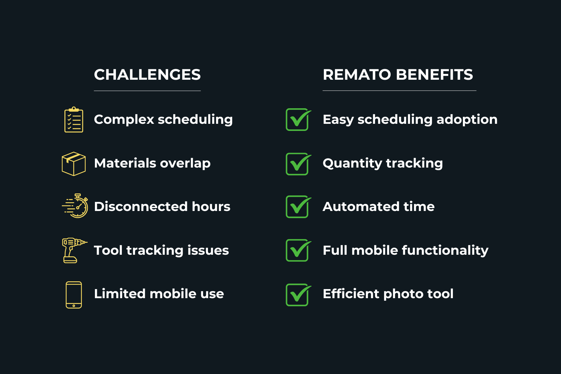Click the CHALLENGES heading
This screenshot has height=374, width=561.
[147, 75]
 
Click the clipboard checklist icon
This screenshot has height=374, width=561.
[74, 120]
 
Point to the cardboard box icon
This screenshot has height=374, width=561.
[74, 164]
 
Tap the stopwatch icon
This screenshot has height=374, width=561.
[76, 206]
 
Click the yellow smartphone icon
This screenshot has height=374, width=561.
[74, 295]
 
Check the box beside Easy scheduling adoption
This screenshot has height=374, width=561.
[297, 120]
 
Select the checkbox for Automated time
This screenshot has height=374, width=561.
[297, 207]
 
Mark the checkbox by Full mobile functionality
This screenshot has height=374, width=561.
[297, 251]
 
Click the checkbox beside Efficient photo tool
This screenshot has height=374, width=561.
[297, 295]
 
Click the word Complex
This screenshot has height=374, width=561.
[124, 120]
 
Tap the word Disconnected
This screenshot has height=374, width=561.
[141, 206]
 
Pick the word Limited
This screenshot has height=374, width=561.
[120, 294]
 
